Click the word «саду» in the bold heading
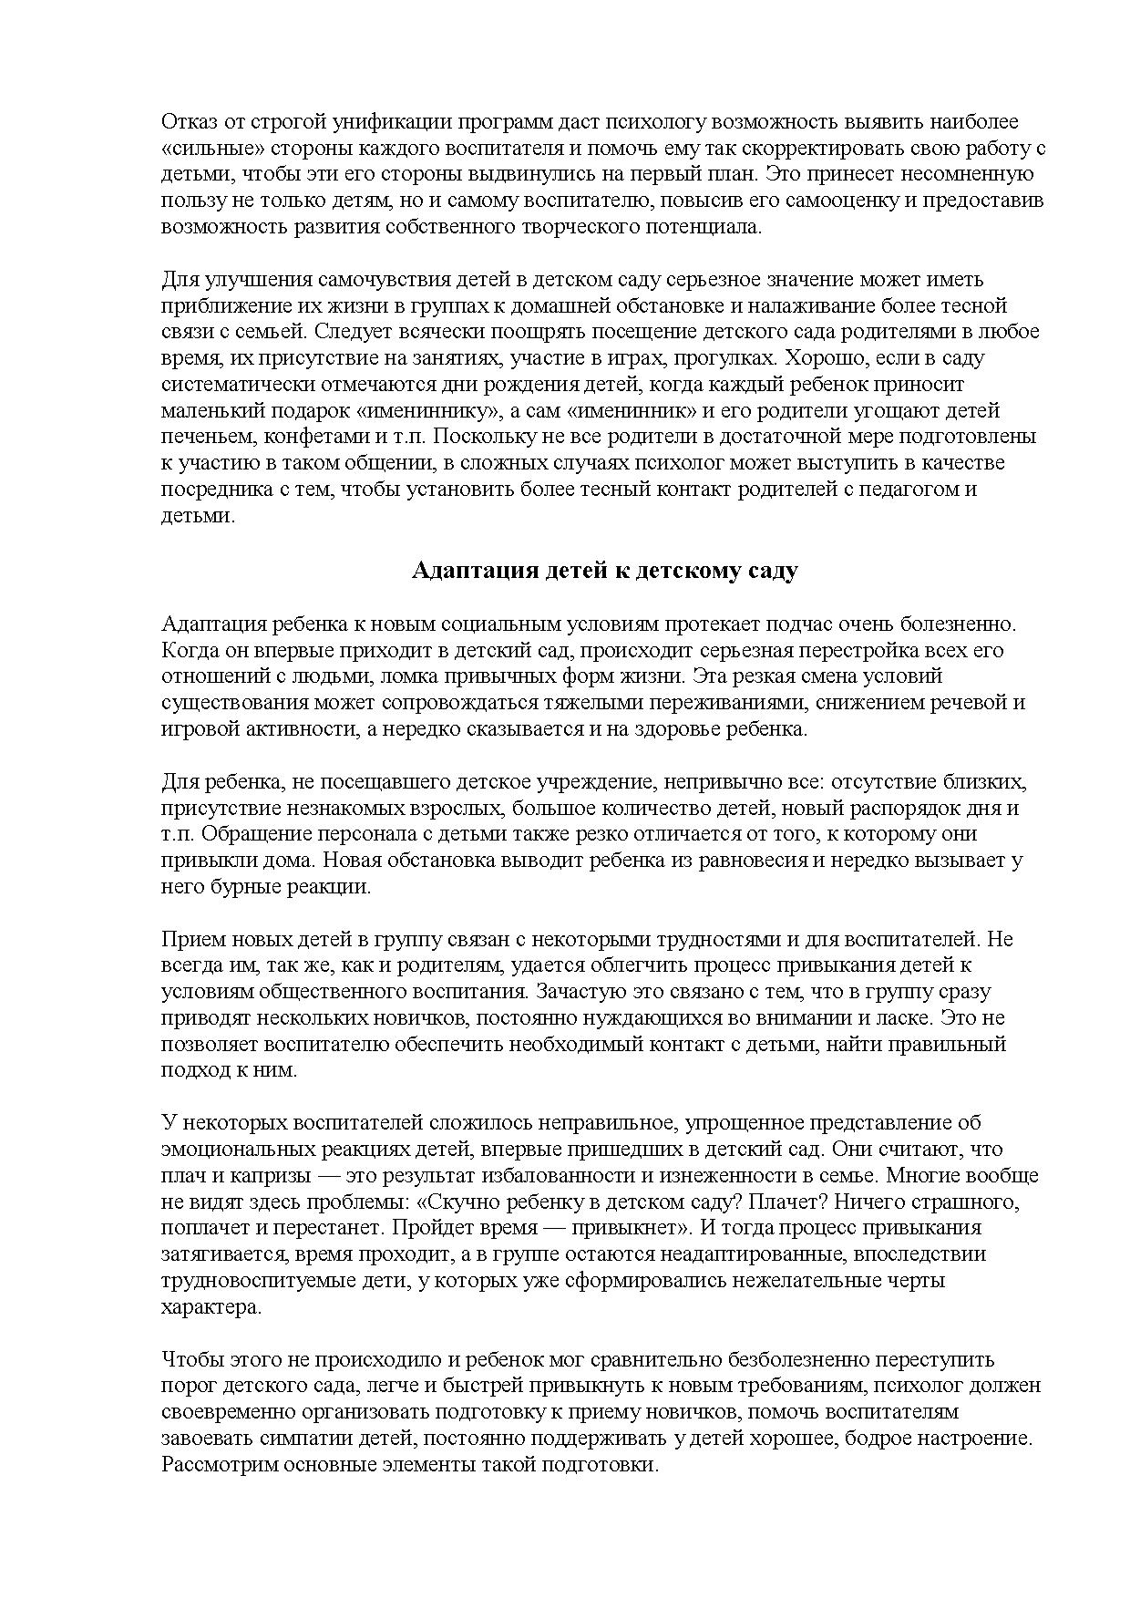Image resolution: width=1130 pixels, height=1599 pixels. click(x=773, y=571)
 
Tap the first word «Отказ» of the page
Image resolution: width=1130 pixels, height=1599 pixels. click(x=188, y=121)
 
